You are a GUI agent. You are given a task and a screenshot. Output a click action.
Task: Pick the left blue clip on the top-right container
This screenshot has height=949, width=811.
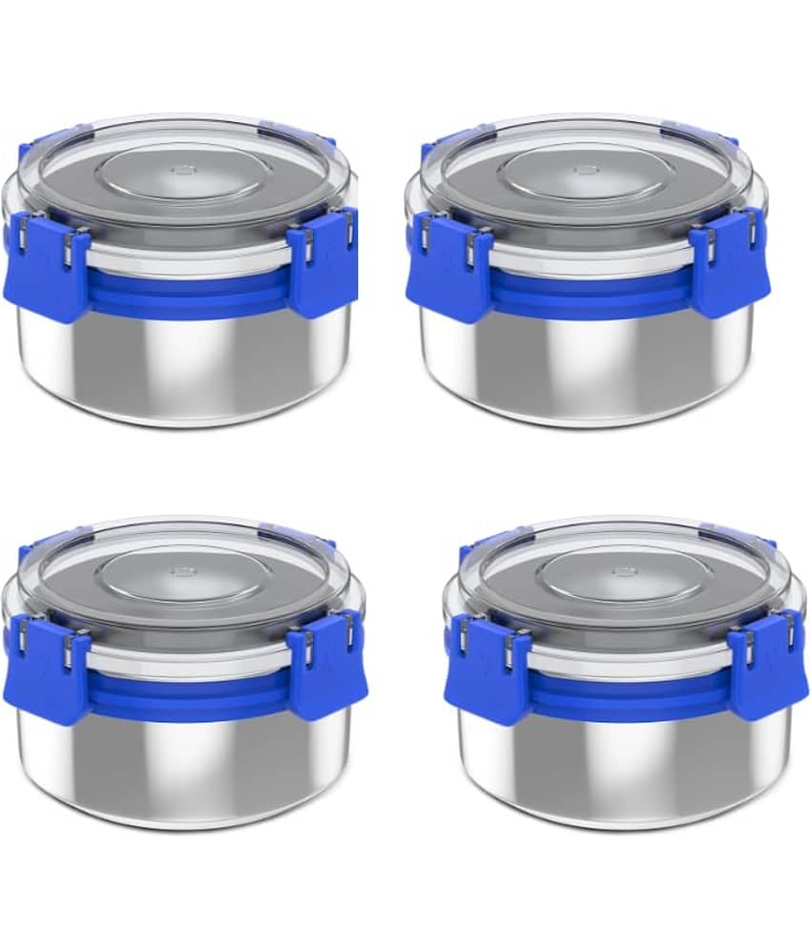tap(448, 271)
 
